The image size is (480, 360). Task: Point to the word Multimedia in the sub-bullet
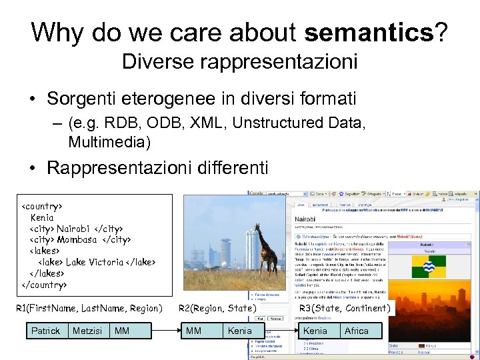tap(109, 142)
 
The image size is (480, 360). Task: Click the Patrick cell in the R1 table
tap(45, 331)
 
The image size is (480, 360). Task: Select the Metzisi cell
tap(87, 331)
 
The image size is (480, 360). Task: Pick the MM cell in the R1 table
tap(122, 331)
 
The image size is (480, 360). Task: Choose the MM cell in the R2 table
tap(194, 331)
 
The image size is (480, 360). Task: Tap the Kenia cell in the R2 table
tap(240, 331)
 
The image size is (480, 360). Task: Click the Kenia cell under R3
tap(315, 331)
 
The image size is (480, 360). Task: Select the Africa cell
tap(357, 331)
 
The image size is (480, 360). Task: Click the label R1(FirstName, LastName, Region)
tap(89, 308)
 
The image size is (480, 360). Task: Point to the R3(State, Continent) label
tap(345, 308)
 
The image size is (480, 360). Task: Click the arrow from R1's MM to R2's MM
tap(163, 331)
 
